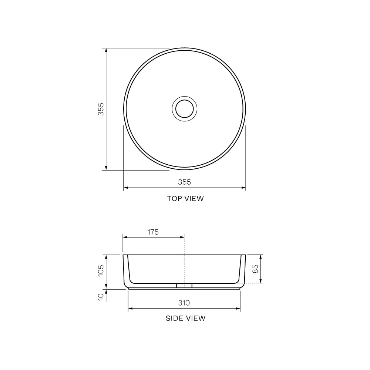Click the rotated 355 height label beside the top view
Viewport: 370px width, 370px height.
[101, 109]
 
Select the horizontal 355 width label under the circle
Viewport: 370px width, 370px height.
[184, 182]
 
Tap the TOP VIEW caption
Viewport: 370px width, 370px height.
[185, 199]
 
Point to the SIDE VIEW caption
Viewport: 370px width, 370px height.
[185, 318]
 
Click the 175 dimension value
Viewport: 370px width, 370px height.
[153, 232]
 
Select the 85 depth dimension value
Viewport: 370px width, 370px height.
[255, 269]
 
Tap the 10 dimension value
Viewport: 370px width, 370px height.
[101, 297]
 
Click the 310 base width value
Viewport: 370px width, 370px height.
[184, 303]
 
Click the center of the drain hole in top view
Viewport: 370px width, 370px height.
[184, 109]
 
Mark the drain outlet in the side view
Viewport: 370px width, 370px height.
[184, 286]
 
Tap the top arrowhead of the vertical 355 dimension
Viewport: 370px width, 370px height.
[106, 50]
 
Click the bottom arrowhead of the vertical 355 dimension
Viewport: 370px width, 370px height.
[106, 168]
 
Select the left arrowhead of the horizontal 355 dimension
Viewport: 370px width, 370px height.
[125, 188]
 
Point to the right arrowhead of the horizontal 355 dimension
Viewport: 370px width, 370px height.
[244, 188]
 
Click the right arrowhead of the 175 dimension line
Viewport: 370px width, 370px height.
[182, 238]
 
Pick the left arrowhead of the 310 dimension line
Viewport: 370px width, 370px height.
[130, 309]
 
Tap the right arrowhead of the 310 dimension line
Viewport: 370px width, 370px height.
[238, 309]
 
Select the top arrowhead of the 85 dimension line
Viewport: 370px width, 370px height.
[261, 257]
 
